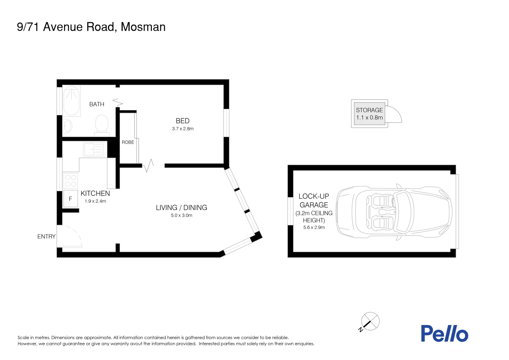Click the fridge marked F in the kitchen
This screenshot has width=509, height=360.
71,199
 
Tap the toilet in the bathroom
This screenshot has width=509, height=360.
102,125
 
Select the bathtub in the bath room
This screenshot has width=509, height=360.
71,101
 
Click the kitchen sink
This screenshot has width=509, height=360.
93,149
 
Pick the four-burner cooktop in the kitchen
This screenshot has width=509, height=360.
71,180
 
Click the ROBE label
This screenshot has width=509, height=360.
128,142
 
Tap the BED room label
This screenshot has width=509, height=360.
183,121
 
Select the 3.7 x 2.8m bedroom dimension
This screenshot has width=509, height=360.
183,129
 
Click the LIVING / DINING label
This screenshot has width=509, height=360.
181,208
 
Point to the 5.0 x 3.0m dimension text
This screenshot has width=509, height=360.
182,215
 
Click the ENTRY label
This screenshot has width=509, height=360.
46,237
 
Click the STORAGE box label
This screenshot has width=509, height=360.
369,110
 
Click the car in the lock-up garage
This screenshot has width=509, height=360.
394,212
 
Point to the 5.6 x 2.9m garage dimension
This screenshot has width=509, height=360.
314,227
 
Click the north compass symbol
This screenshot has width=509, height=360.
370,322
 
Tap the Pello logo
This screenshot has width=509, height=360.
444,333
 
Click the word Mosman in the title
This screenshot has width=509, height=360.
143,27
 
